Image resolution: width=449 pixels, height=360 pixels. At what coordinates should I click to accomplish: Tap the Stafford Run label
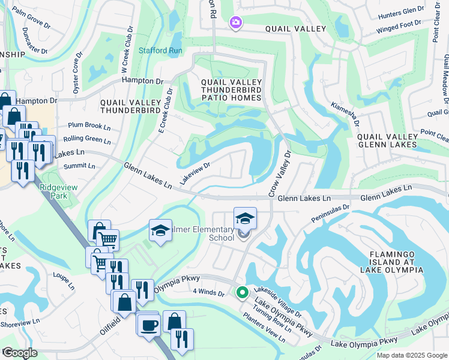tap(161, 50)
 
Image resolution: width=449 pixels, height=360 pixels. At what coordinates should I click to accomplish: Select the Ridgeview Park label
tap(59, 191)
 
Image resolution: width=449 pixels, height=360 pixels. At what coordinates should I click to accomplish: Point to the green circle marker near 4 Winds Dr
tap(243, 293)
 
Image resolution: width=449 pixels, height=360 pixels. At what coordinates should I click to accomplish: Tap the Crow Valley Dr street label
tap(279, 174)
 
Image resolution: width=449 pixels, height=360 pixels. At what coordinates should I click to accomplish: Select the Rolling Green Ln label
tap(89, 140)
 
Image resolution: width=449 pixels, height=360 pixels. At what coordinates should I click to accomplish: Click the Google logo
tap(20, 353)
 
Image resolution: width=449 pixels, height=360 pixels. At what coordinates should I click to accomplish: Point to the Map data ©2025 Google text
tap(411, 355)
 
